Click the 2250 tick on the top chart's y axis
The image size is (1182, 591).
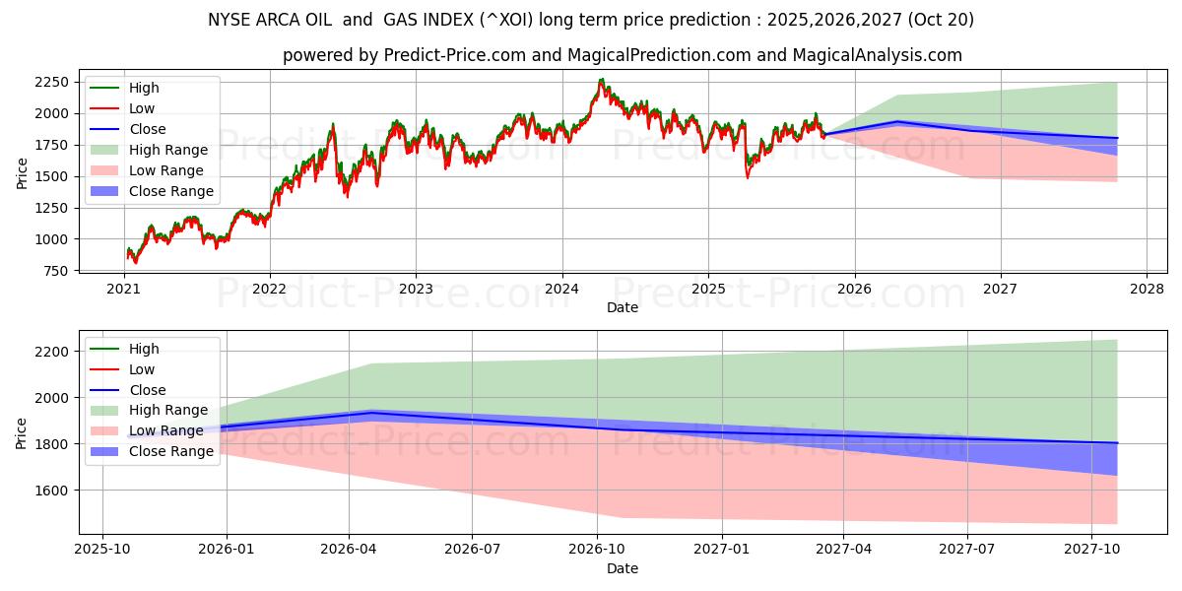51,82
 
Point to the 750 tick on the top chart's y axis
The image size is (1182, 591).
55,271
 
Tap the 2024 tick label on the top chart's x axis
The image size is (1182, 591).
561,290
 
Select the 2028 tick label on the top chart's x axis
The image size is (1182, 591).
1147,290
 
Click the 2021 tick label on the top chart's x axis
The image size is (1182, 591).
123,290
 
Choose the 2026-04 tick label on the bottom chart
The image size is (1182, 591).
349,550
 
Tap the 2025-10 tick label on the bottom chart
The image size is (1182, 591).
102,550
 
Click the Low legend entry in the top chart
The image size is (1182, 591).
142,108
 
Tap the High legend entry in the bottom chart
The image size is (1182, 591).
144,349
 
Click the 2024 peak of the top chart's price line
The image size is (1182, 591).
601,81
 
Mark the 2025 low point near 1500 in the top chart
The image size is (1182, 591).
748,176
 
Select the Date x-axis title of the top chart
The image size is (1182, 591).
623,307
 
